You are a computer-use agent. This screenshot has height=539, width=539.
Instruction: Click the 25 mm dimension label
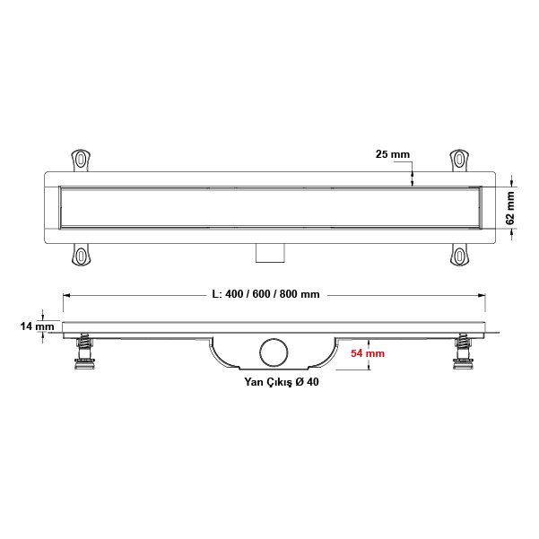(393, 155)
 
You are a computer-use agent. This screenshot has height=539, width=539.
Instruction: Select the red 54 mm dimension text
(368, 354)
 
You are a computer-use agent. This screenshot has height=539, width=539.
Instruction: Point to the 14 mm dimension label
(38, 326)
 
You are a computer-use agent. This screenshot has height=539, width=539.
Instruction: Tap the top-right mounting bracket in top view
(458, 160)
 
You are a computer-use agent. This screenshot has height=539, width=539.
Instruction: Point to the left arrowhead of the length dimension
(65, 295)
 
